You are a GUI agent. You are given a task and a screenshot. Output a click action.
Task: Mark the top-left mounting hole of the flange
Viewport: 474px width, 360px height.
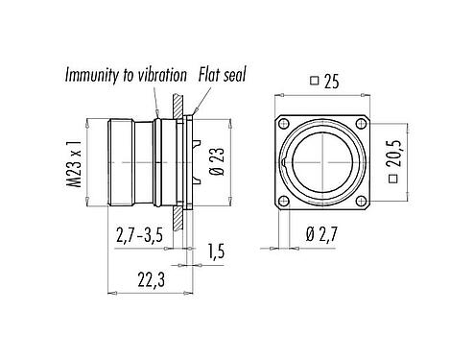[283, 123]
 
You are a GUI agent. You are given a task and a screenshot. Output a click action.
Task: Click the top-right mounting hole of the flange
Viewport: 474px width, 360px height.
[361, 123]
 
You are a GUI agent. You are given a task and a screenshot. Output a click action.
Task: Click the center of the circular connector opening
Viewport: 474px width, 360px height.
[322, 161]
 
